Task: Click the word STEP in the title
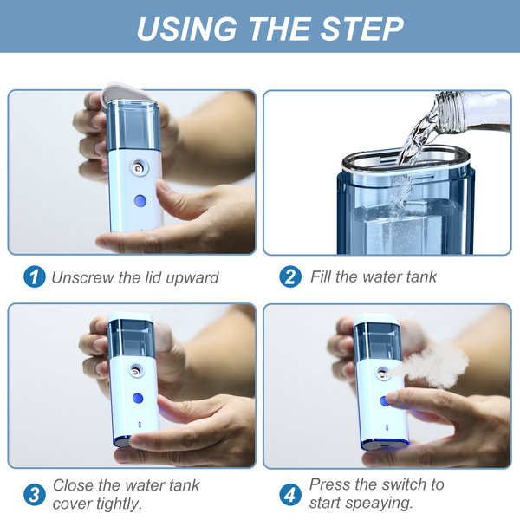tap(361, 29)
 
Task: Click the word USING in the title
tap(187, 29)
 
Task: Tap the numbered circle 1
tap(34, 276)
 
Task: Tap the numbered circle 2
tap(290, 276)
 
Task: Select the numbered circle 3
tap(34, 495)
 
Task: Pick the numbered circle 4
tap(290, 495)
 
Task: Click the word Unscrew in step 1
tap(82, 277)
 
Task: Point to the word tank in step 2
tap(423, 276)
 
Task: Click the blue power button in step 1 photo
tap(140, 201)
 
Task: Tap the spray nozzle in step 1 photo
tap(139, 167)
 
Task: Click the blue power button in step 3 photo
tap(138, 398)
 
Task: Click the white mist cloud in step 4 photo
tap(431, 365)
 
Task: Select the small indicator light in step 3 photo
tap(140, 425)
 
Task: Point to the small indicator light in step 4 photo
tap(387, 427)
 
